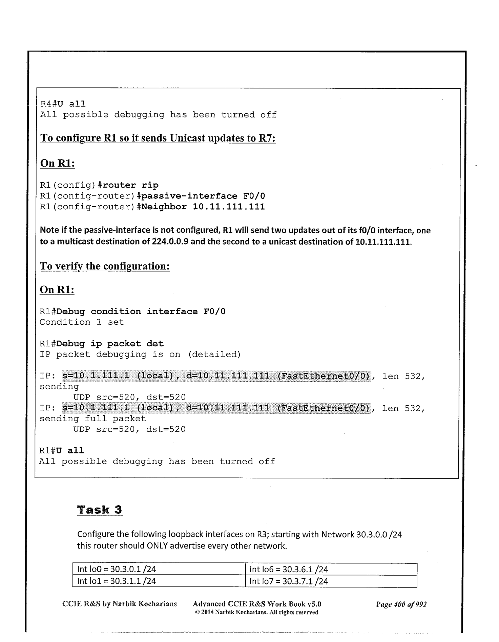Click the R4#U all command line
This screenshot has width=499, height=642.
click(63, 104)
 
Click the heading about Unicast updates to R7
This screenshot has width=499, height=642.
click(158, 138)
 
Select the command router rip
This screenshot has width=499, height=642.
click(130, 185)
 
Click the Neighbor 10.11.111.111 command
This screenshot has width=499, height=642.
click(203, 207)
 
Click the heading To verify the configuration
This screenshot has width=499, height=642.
click(105, 266)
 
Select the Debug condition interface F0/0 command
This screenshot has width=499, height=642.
click(141, 311)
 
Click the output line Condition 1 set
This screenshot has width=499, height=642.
click(82, 322)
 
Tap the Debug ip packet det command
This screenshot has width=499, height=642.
click(110, 344)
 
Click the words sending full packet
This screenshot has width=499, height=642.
click(93, 419)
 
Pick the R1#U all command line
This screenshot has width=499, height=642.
click(61, 451)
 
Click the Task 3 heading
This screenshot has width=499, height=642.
click(100, 510)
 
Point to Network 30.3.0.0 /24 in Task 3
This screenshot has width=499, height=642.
click(361, 535)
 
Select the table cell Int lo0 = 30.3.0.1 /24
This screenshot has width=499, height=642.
click(117, 569)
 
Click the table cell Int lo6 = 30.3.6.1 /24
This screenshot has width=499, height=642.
click(289, 569)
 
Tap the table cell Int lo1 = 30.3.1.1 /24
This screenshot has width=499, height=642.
click(117, 581)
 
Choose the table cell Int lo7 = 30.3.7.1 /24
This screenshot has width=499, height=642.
click(289, 581)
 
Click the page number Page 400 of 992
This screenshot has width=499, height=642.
click(401, 604)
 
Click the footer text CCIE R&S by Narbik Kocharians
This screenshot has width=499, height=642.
click(120, 604)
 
